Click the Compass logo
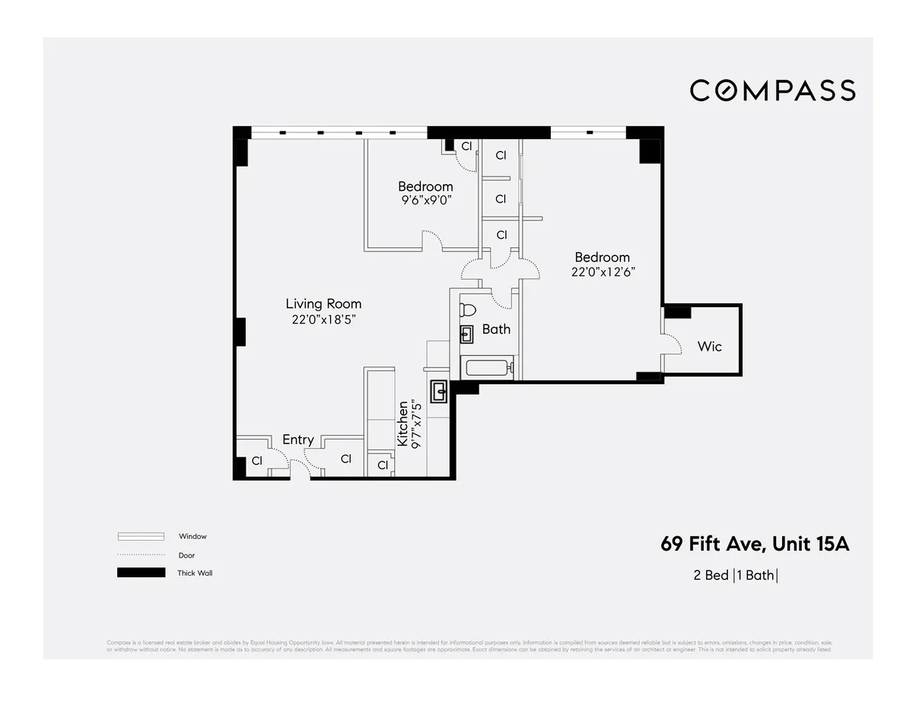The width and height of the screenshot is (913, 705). pos(772,91)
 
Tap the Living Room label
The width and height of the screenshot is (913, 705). pos(323,304)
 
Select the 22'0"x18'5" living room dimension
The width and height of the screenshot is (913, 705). pos(323,320)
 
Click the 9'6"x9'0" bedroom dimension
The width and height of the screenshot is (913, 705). pos(425,201)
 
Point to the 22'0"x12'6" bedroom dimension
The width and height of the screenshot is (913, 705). pos(602,272)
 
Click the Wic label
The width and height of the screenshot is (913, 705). pos(709,346)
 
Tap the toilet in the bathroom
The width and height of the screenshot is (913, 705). pos(467,310)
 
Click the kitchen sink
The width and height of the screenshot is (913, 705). pos(440,392)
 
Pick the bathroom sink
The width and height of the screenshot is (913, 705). pos(466,333)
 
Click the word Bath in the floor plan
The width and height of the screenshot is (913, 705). pos(496,329)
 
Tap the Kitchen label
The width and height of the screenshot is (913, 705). pos(403,424)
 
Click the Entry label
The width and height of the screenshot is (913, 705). pos(297,440)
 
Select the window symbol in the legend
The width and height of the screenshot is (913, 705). pos(141,536)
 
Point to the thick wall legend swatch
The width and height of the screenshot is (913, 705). pos(141,573)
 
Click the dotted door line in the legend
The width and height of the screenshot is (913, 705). pos(141,555)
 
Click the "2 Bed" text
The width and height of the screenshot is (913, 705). pos(711,575)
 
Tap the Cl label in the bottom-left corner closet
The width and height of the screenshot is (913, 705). pos(257,461)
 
